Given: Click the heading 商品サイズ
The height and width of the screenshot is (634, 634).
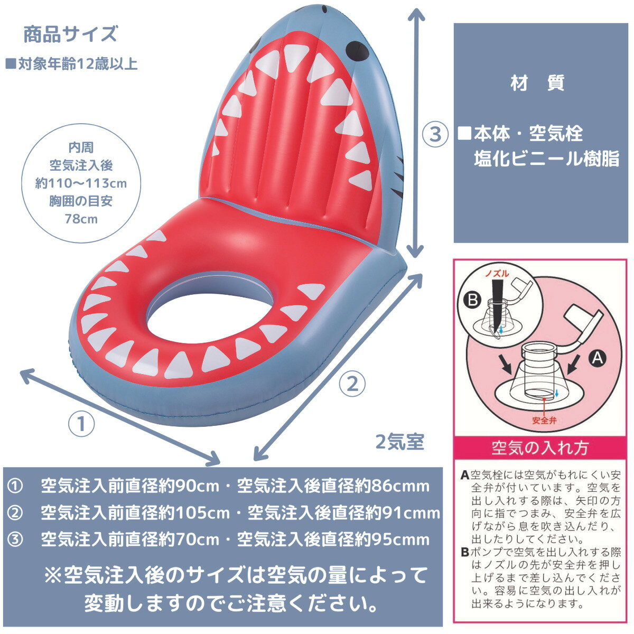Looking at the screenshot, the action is tap(70, 34).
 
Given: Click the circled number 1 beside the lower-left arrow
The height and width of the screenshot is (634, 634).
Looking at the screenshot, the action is tap(81, 424).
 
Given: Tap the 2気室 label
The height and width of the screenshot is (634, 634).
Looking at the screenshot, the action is tap(400, 441).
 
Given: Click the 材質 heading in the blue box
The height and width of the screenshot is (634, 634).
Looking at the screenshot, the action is tap(538, 82).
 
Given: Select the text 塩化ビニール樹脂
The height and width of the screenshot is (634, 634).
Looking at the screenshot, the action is tap(546, 158).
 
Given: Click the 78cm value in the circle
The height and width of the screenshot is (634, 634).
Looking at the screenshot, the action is tap(81, 219).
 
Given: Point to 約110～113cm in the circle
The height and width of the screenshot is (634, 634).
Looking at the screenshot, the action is tap(81, 183).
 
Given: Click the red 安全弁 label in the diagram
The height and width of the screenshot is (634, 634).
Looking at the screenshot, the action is tap(545, 421).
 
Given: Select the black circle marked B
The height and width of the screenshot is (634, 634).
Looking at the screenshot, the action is tap(472, 300).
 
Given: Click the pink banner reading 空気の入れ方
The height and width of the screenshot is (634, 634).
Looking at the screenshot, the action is tap(540, 448).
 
